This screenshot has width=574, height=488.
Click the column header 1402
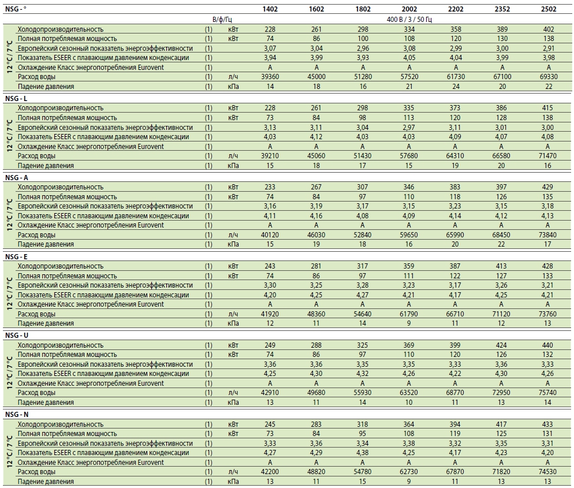click(x=270, y=9)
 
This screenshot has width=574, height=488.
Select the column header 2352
click(x=502, y=9)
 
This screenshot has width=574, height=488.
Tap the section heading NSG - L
click(x=16, y=99)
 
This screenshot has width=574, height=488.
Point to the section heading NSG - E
click(x=16, y=256)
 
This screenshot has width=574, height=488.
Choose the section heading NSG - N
click(x=17, y=415)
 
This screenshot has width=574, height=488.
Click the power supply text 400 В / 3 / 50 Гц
click(x=409, y=20)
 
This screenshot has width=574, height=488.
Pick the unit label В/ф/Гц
click(x=222, y=20)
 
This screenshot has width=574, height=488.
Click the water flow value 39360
click(x=270, y=77)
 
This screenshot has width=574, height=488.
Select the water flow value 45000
click(x=316, y=77)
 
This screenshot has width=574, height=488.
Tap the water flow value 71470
click(x=547, y=156)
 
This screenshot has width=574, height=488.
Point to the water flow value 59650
click(x=409, y=235)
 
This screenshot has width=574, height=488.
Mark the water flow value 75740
click(x=547, y=393)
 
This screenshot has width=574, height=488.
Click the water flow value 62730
click(x=409, y=472)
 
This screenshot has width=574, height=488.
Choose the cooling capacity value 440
click(x=547, y=345)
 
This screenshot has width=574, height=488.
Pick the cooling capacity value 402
click(x=549, y=29)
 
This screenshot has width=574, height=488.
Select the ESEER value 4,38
click(x=363, y=453)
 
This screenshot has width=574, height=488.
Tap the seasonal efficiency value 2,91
click(x=549, y=49)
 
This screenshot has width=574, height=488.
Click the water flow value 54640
click(x=363, y=314)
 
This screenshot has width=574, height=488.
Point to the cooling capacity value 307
click(x=363, y=187)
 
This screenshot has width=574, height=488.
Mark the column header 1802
click(x=363, y=9)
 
